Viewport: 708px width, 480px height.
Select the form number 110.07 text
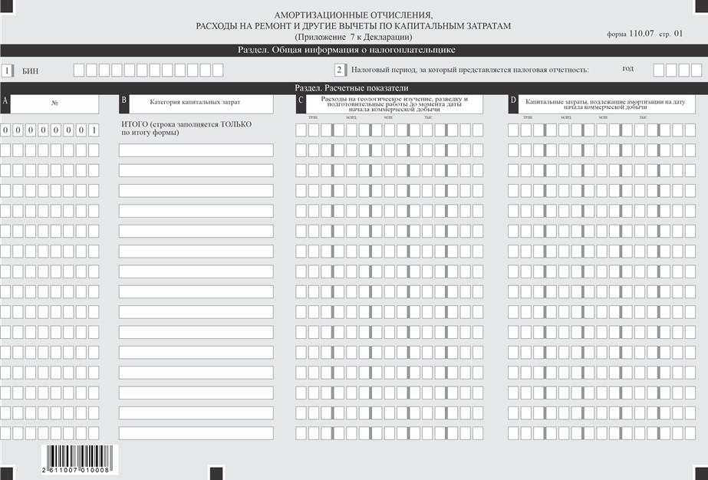644,34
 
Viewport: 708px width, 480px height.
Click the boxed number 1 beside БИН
8,71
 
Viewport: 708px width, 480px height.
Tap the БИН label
31,71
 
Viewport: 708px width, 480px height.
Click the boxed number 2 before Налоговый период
339,71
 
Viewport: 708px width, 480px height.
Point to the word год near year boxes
627,68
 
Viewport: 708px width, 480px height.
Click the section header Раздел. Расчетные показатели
353,88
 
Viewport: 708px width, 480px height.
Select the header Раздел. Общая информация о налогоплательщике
353,50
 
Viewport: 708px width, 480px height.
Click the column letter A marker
5,101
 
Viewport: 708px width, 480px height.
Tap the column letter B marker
123,101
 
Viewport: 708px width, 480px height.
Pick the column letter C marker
301,101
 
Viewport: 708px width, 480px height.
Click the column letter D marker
512,101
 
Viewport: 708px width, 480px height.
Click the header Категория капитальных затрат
195,101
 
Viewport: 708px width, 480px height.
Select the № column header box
54,103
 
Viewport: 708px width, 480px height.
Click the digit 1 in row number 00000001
93,130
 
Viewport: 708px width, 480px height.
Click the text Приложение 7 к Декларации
353,37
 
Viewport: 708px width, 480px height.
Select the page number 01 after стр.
677,34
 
